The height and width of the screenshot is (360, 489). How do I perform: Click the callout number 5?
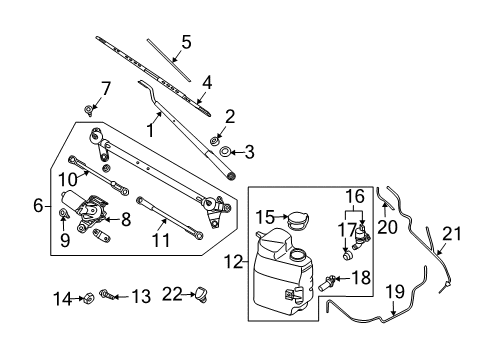tap(185, 42)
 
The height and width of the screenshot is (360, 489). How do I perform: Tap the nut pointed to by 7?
tap(90, 109)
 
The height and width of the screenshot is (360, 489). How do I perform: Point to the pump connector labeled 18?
tap(330, 278)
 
